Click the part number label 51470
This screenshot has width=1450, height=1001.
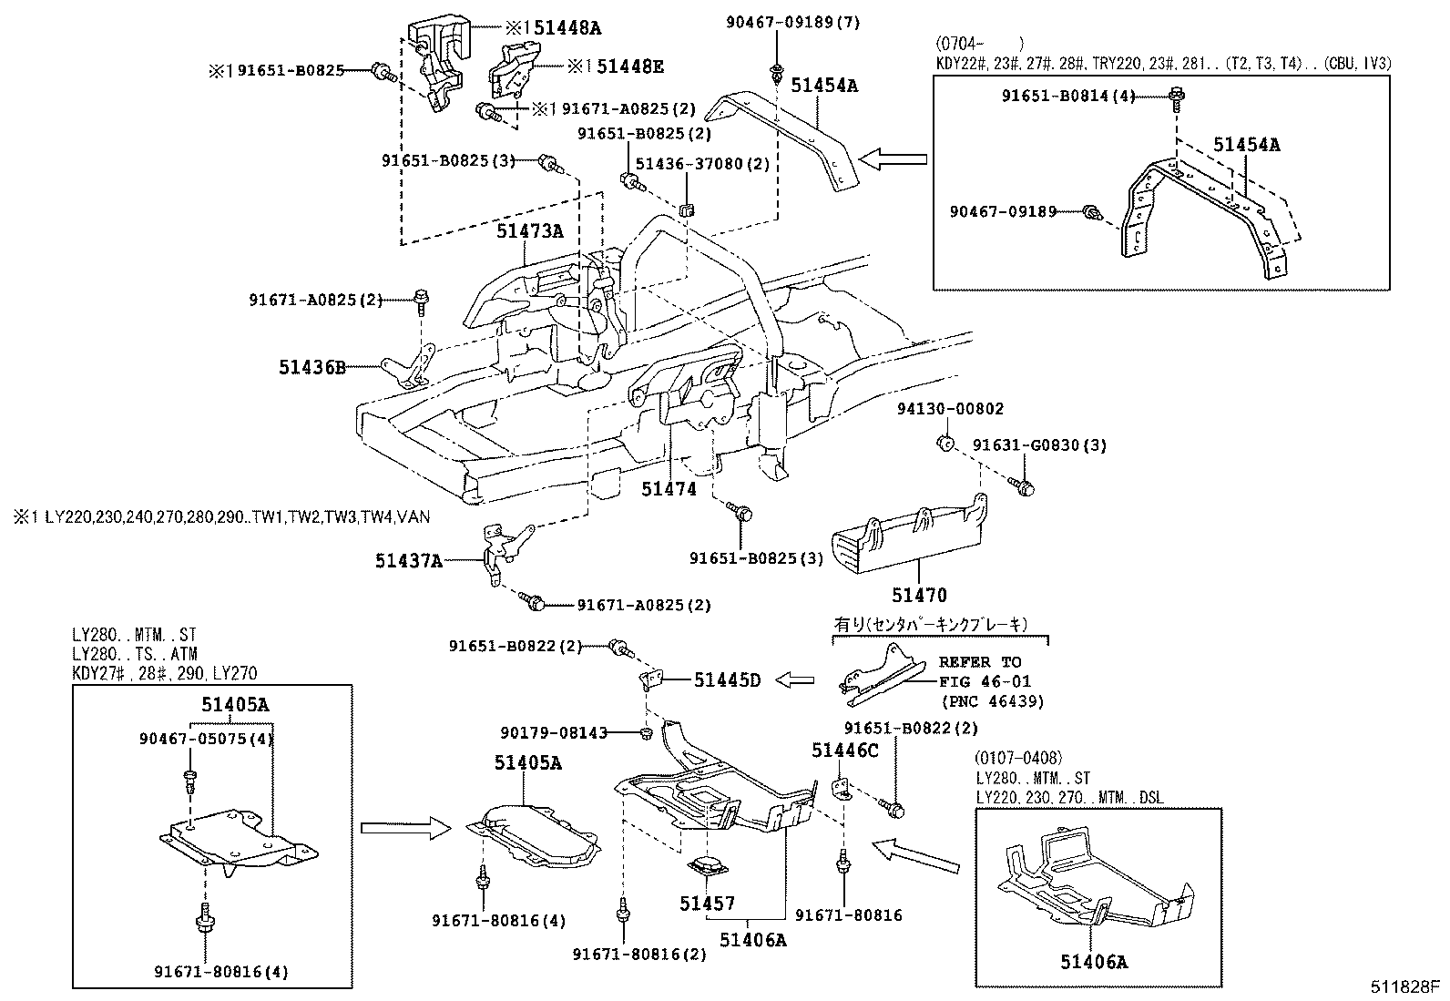(918, 596)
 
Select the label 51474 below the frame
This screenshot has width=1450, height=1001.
(669, 489)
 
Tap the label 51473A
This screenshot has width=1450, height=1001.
(529, 231)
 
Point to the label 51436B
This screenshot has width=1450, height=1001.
(312, 368)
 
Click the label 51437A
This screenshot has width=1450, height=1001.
(408, 561)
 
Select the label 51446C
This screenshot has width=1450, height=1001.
(845, 750)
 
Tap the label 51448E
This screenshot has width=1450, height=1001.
(628, 66)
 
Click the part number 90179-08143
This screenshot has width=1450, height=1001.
(554, 732)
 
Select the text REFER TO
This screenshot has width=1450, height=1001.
(980, 662)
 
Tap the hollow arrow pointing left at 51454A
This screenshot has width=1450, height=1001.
(893, 160)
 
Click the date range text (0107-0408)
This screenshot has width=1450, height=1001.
(1017, 758)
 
